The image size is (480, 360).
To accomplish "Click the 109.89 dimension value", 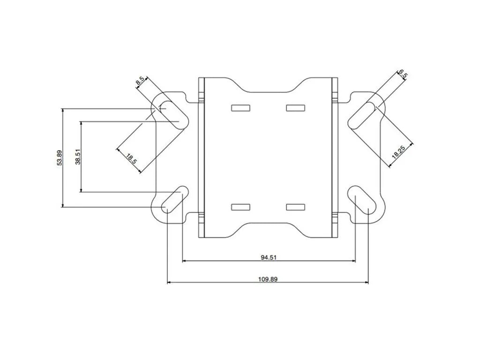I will [x=268, y=279].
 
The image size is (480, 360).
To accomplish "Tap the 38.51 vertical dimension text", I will [x=78, y=157].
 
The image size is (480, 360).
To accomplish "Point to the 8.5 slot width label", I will [x=140, y=81].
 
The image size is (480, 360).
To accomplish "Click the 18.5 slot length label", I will [x=132, y=158].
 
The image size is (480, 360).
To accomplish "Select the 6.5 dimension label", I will [x=402, y=75].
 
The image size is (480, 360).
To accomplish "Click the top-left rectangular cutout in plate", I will [x=240, y=108].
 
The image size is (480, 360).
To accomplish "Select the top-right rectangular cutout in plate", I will [x=295, y=108].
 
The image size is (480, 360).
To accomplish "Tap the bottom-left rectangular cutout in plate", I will [x=240, y=207].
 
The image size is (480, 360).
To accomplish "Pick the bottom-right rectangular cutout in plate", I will [x=295, y=207].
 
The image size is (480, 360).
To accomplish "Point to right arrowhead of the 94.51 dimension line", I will [x=353, y=261].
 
